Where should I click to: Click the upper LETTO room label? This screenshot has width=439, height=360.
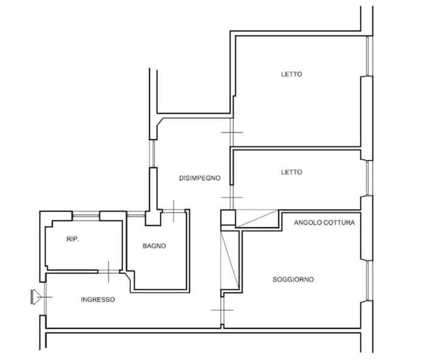point(291,74)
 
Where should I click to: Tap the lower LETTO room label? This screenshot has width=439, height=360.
point(291,172)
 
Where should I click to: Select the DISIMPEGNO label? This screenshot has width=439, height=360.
point(199,178)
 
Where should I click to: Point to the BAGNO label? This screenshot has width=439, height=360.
point(154,246)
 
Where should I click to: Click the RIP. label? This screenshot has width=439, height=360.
point(73,239)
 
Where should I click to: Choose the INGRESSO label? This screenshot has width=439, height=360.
point(98,300)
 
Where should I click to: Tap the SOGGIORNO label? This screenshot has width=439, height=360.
point(293,279)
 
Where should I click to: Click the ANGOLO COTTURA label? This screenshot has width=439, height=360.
point(324,222)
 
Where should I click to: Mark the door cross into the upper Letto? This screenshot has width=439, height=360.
point(232,132)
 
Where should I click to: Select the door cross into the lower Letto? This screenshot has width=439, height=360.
point(232,197)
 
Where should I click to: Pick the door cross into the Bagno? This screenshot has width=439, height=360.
point(174,211)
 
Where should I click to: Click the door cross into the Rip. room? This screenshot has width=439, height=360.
point(109,271)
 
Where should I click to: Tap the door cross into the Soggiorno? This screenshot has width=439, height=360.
point(222,310)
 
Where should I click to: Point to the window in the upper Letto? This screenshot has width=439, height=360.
point(369,56)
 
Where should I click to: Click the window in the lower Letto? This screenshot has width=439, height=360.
point(369,178)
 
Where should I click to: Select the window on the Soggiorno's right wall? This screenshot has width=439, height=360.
point(369,281)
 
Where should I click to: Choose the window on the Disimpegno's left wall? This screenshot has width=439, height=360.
point(153,154)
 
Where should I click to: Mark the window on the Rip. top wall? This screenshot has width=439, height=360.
point(86,216)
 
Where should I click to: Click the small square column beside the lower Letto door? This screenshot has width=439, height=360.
point(228,217)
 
